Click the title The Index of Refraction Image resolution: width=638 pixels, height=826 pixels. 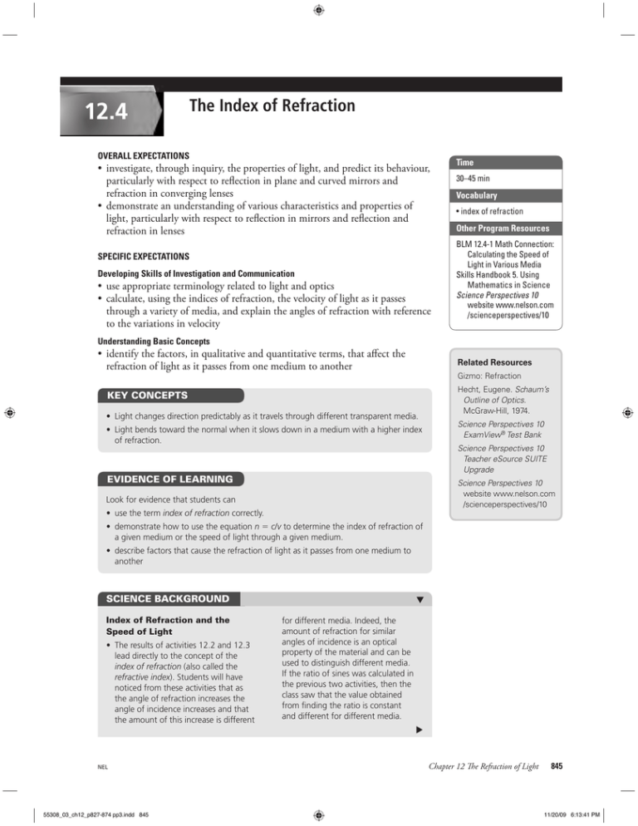click(272, 106)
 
